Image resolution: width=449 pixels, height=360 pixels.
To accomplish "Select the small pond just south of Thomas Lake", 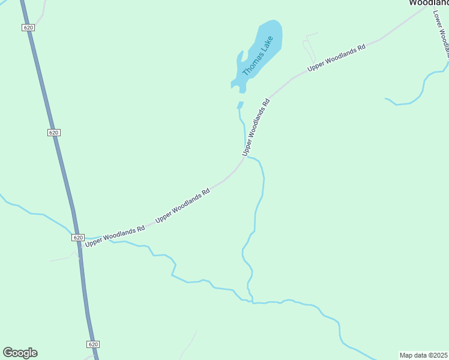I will [x=240, y=105].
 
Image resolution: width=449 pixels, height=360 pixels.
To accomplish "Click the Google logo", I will [x=20, y=353].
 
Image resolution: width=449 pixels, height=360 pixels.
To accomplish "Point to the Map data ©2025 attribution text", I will [x=424, y=355].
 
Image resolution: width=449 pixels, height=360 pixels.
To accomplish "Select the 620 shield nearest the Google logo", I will [x=92, y=344].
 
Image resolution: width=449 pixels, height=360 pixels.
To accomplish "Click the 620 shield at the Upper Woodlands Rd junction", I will [x=78, y=238].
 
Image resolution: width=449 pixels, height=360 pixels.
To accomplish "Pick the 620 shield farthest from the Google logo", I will [x=28, y=28].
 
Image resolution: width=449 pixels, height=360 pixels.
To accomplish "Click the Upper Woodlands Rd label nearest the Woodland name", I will [x=336, y=58].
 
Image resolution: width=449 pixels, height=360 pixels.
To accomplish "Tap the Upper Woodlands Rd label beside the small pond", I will [x=256, y=127].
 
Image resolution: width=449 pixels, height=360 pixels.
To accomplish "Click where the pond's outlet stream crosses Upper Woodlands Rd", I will [x=245, y=157].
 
